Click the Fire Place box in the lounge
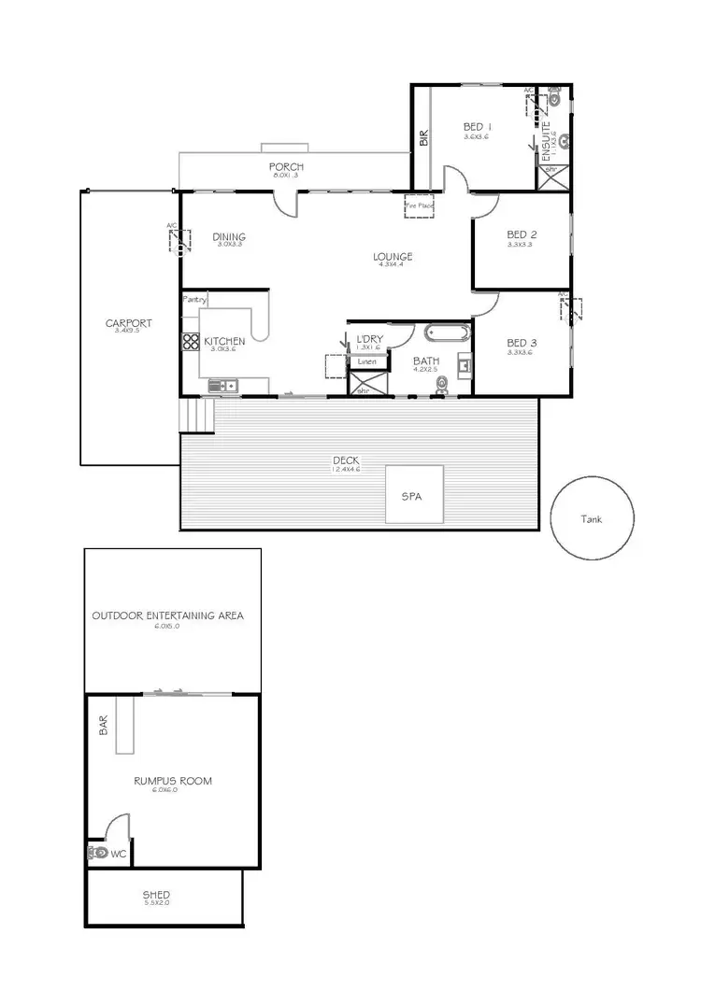(x=420, y=205)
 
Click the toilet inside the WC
(x=96, y=853)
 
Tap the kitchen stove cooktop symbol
(x=190, y=342)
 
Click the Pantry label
(x=194, y=300)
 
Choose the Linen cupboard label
(x=366, y=361)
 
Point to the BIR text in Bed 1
(x=423, y=138)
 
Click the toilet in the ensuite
(x=555, y=96)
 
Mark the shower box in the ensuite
(x=553, y=178)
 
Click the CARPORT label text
(x=128, y=323)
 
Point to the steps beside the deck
(x=197, y=416)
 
